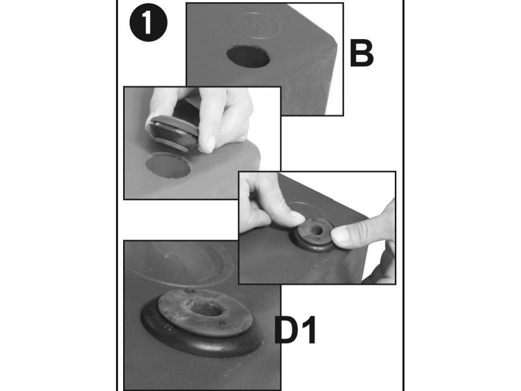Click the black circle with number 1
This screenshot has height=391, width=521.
coord(149,22)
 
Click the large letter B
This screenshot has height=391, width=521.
coord(362,53)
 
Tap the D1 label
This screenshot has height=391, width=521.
coord(295,330)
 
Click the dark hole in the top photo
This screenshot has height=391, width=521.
coord(248,57)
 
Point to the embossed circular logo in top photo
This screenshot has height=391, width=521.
coord(253,24)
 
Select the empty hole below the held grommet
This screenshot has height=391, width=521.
coord(168,165)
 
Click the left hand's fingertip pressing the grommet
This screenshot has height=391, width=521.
coord(297,218)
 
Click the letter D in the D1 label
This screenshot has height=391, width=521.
coord(286,330)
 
